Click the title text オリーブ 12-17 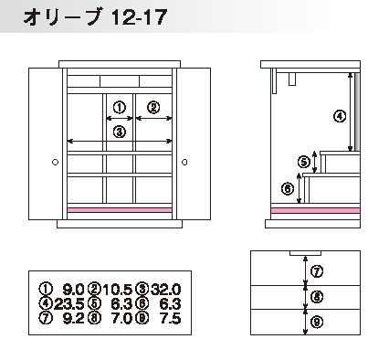(95, 16)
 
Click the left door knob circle (55, 162)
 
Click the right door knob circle (184, 162)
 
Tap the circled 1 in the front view (120, 107)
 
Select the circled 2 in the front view (153, 107)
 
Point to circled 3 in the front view (120, 132)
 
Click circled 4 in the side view (340, 116)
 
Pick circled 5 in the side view (303, 162)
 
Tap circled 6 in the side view (288, 188)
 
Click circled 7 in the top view (317, 271)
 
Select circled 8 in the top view (317, 297)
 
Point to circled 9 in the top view (317, 322)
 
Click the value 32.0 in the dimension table (166, 289)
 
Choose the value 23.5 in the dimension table (68, 303)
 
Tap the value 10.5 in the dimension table (118, 289)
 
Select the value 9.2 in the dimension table (73, 318)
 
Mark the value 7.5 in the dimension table (171, 318)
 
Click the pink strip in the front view (120, 210)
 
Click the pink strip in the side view (315, 210)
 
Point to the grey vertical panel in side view (357, 111)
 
